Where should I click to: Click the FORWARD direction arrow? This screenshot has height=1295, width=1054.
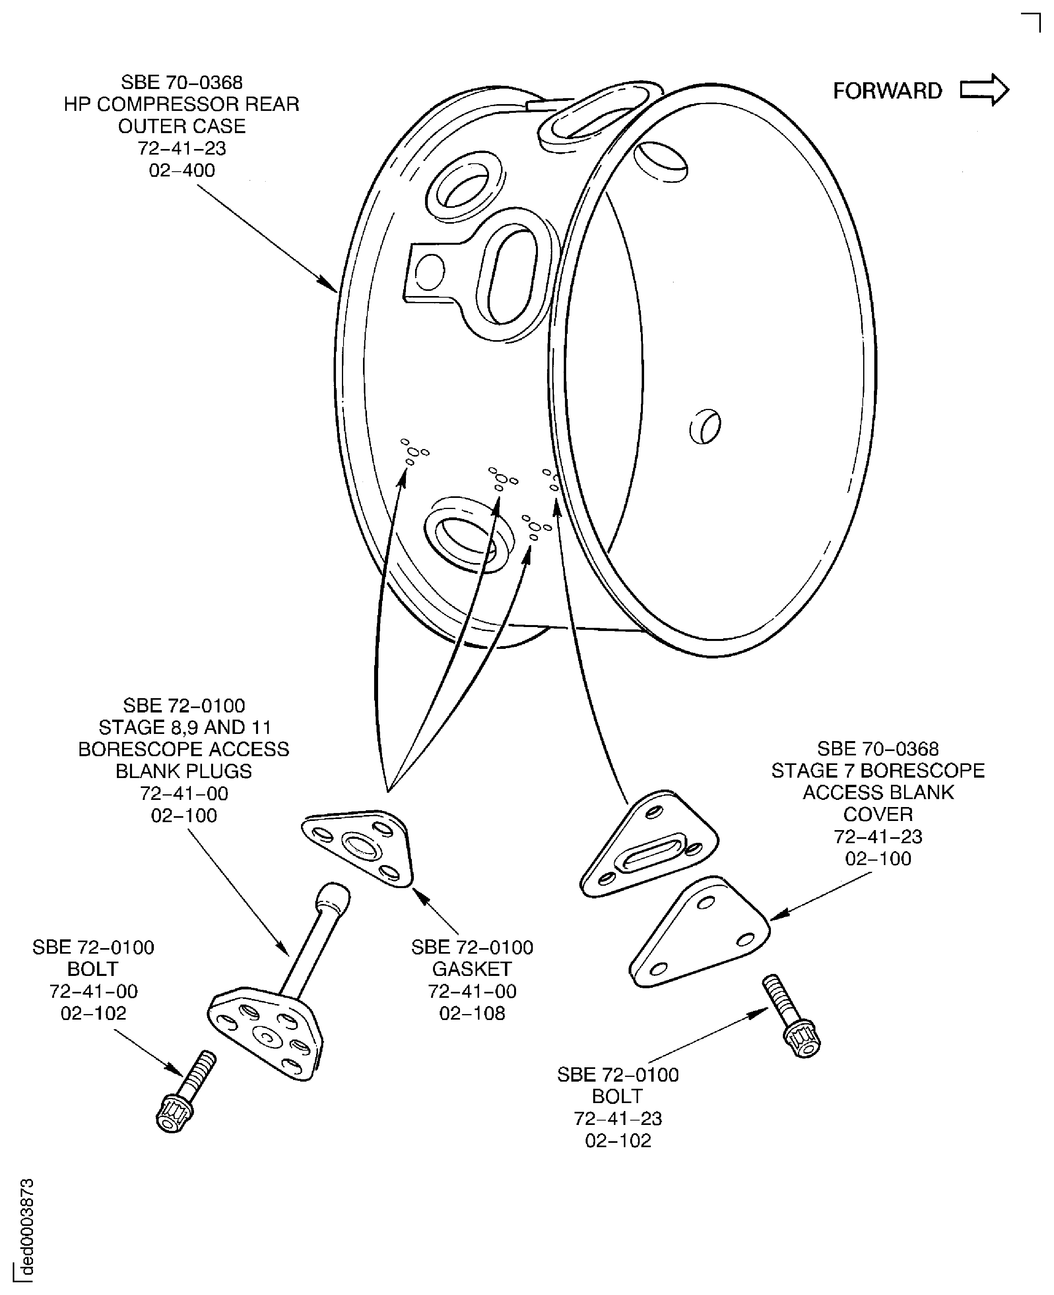[984, 91]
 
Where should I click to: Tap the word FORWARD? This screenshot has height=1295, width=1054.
[887, 91]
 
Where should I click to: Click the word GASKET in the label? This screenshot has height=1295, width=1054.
[472, 969]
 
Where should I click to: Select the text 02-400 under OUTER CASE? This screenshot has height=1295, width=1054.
[182, 170]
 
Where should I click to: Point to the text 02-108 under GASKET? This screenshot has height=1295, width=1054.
[472, 1013]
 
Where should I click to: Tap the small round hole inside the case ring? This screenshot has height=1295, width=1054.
[705, 427]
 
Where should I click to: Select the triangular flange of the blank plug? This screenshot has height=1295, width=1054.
[265, 1034]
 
